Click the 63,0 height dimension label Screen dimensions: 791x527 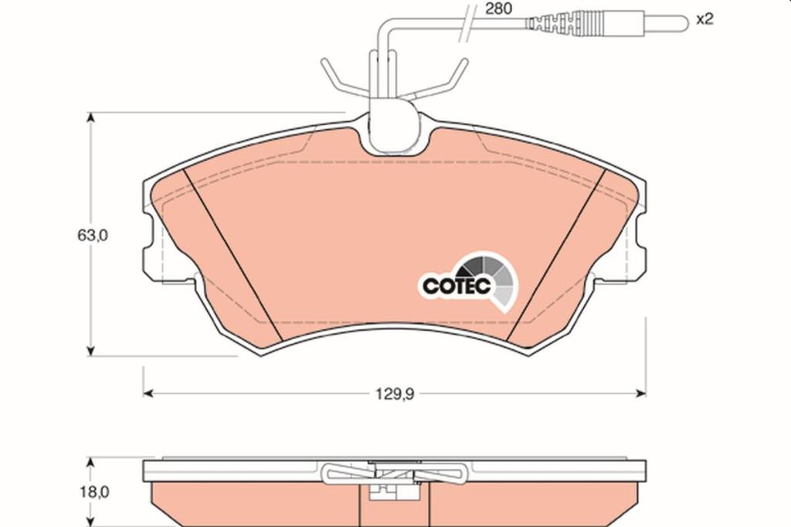tap(93, 235)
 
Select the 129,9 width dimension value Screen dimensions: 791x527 tap(395, 394)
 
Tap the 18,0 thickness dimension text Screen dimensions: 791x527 tap(93, 491)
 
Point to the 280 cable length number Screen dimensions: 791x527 tap(498, 8)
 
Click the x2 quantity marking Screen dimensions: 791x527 tap(704, 19)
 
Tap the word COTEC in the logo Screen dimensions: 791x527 tap(457, 286)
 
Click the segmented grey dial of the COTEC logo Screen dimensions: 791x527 tap(492, 280)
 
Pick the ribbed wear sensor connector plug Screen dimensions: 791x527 tap(565, 24)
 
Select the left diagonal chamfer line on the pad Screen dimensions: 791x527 tap(232, 256)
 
